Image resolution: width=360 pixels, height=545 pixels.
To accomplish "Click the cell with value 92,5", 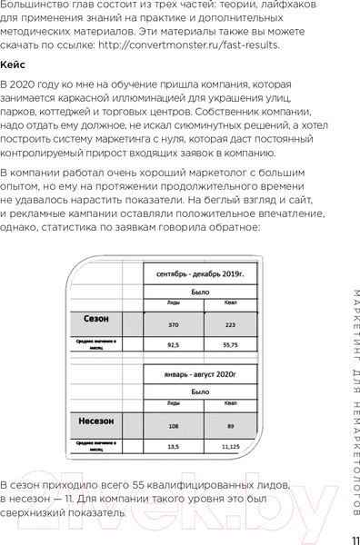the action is point(172,345).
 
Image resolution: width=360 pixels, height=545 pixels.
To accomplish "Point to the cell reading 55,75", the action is point(230,345).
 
